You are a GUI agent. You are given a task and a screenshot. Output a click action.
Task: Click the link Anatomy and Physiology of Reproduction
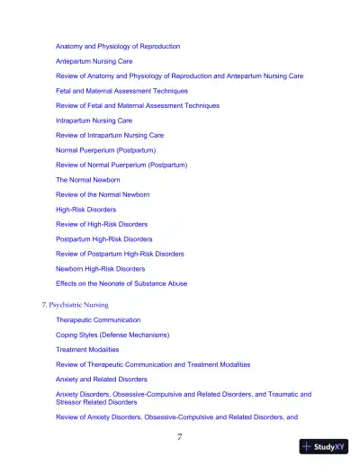point(118,46)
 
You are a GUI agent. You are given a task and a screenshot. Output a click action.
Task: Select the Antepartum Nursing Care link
point(100,61)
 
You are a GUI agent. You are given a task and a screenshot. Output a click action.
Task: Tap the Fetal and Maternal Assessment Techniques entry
point(121,91)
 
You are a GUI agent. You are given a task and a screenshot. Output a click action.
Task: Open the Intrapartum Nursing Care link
point(94,120)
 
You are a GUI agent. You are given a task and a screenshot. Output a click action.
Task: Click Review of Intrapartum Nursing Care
point(110,135)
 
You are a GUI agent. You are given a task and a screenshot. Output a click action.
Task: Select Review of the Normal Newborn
point(103,194)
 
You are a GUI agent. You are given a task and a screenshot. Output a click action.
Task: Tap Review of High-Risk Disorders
point(102,224)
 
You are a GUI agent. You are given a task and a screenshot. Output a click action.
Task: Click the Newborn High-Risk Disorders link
point(100,268)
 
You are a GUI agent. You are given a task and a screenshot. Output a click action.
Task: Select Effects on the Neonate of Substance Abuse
point(121,283)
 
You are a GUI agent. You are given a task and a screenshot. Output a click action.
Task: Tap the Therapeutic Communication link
point(98,320)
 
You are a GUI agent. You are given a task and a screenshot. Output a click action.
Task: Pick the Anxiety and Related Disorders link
point(103,379)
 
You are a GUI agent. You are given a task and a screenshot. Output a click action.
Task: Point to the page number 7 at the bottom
point(180,437)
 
